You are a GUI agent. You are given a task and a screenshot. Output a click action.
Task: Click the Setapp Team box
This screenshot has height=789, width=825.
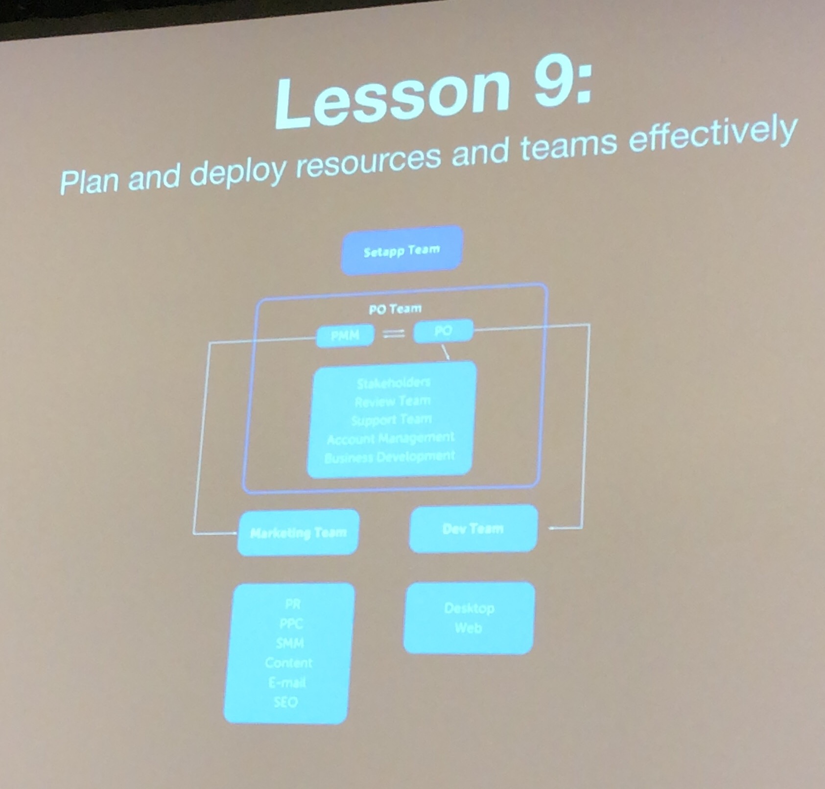pyautogui.click(x=401, y=251)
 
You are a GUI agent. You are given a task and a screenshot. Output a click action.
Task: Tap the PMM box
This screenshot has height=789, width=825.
pyautogui.click(x=345, y=335)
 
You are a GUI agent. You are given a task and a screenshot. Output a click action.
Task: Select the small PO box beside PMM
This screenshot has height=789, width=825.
pyautogui.click(x=443, y=332)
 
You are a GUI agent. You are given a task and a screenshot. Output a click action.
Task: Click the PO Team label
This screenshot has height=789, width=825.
pyautogui.click(x=395, y=309)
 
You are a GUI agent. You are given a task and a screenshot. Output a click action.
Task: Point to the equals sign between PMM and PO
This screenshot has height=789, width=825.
pyautogui.click(x=394, y=334)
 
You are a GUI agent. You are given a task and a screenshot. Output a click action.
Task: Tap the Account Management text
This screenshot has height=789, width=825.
pyautogui.click(x=391, y=438)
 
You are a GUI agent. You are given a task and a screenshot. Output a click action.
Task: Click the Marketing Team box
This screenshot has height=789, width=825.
pyautogui.click(x=298, y=532)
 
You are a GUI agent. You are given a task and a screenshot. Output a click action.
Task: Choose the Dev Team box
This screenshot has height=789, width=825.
pyautogui.click(x=473, y=529)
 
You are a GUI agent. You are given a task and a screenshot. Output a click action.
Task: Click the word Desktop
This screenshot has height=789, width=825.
pyautogui.click(x=470, y=608)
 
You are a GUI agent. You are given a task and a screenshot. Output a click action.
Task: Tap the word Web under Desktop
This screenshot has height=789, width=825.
pyautogui.click(x=469, y=628)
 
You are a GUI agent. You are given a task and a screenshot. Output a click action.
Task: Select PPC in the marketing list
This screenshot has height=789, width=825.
pyautogui.click(x=291, y=623)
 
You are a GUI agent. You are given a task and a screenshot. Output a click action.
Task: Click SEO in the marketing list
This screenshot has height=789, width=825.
pyautogui.click(x=286, y=702)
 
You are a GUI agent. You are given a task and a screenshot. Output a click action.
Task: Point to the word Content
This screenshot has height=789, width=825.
pyautogui.click(x=288, y=663)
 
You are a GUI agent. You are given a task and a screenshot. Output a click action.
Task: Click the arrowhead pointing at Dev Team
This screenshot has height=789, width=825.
pyautogui.click(x=552, y=528)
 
